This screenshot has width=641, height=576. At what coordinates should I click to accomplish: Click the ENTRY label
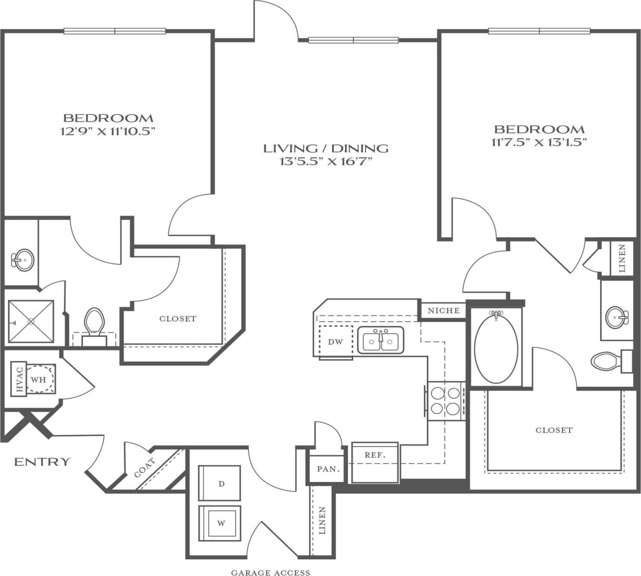42,462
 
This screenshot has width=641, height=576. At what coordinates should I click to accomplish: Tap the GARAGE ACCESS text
270,572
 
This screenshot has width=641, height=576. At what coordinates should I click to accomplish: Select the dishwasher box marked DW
335,342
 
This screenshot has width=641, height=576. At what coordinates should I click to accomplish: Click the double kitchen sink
381,340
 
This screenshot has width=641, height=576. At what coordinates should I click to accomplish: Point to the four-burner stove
446,401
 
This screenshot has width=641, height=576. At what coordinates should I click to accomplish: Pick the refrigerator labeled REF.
375,455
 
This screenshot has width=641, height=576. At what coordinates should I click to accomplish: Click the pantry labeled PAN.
328,469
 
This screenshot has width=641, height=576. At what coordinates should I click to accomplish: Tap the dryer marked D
221,483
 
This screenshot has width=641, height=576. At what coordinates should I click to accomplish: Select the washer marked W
221,523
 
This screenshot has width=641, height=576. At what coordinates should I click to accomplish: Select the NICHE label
443,310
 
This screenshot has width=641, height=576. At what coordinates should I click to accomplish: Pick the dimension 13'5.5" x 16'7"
326,162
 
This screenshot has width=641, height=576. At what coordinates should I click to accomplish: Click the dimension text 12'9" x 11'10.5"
107,131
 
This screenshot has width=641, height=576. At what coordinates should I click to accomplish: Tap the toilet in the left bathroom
94,324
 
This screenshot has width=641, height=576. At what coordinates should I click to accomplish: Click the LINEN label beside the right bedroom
622,259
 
